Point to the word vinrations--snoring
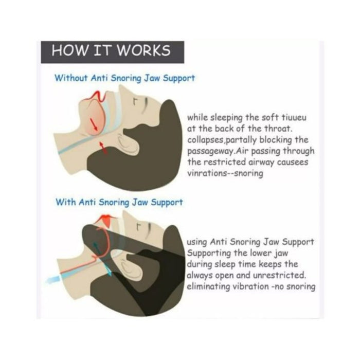click(x=225, y=174)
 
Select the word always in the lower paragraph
click(x=202, y=275)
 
